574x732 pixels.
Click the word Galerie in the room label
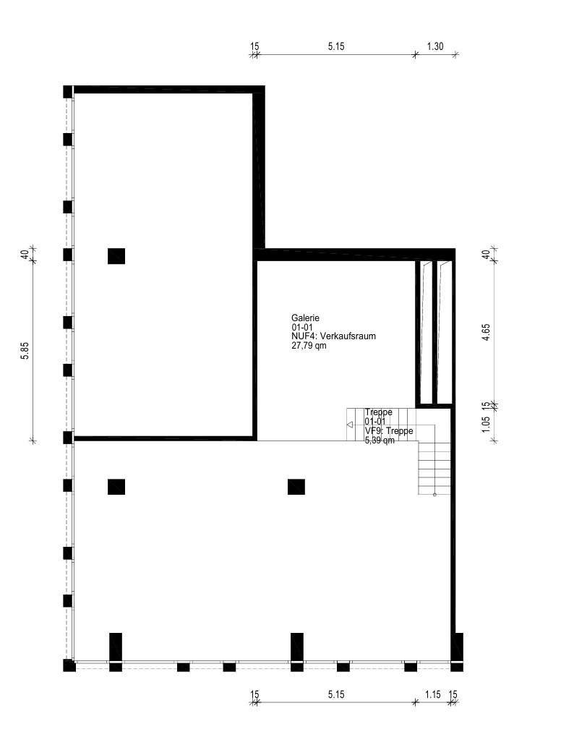pyautogui.click(x=305, y=318)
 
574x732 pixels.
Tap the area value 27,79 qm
pyautogui.click(x=309, y=346)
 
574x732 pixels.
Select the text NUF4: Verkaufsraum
pyautogui.click(x=334, y=336)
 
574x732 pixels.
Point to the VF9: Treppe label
pyautogui.click(x=389, y=431)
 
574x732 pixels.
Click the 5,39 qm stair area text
pyautogui.click(x=380, y=441)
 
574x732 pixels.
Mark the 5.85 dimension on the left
pyautogui.click(x=25, y=351)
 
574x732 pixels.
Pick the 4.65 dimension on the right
pyautogui.click(x=487, y=332)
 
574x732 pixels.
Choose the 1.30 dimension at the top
pyautogui.click(x=435, y=46)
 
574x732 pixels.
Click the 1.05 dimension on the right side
pyautogui.click(x=487, y=424)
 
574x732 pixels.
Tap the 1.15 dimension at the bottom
pyautogui.click(x=432, y=694)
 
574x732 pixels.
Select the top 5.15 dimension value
pyautogui.click(x=336, y=46)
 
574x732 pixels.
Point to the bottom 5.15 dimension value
pyautogui.click(x=336, y=694)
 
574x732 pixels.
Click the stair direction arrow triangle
pyautogui.click(x=350, y=425)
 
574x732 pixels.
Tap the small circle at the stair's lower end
pyautogui.click(x=434, y=494)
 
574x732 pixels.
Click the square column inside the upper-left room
pyautogui.click(x=116, y=256)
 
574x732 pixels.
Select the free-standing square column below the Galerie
pyautogui.click(x=296, y=487)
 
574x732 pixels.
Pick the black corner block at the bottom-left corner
pyautogui.click(x=69, y=665)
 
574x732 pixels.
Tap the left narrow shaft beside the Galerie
pyautogui.click(x=426, y=332)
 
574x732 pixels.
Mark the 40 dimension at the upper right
pyautogui.click(x=487, y=255)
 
